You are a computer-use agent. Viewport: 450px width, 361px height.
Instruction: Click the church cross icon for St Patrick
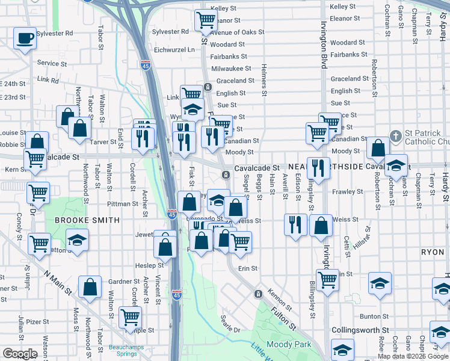(395, 135)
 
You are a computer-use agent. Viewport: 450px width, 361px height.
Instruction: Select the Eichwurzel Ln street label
(174, 50)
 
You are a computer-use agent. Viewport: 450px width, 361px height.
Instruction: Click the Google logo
(20, 354)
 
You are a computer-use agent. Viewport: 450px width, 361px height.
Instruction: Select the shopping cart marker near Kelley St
(206, 21)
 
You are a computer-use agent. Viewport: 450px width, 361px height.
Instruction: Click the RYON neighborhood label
(433, 252)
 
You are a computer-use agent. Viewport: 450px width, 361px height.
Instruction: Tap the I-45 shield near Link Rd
(146, 65)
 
